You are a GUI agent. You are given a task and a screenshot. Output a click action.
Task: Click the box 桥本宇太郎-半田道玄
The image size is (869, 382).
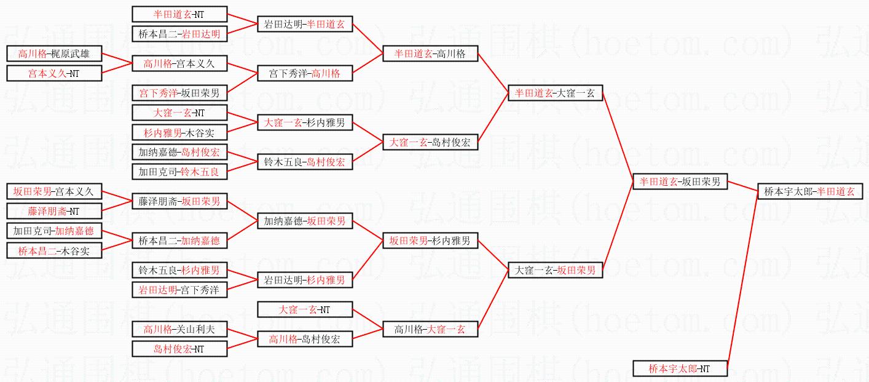(x=809, y=191)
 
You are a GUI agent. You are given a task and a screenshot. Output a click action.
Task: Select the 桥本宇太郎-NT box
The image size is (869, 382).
(x=680, y=368)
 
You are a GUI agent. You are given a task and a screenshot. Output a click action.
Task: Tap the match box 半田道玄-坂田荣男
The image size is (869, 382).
(x=680, y=181)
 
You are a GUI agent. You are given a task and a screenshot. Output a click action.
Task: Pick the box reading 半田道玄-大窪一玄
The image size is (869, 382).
(x=555, y=93)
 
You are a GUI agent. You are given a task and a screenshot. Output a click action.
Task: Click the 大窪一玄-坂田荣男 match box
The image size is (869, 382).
(x=555, y=270)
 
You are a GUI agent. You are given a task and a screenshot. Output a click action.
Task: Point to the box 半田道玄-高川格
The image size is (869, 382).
(x=430, y=54)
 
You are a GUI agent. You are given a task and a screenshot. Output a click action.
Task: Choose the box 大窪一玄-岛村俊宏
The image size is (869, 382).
(x=430, y=142)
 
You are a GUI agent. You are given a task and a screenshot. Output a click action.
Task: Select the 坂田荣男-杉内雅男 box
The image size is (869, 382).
(x=430, y=241)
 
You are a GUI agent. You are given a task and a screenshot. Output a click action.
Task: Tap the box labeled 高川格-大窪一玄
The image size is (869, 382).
(x=430, y=329)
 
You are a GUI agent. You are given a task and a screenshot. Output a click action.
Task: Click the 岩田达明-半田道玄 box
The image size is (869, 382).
(x=305, y=24)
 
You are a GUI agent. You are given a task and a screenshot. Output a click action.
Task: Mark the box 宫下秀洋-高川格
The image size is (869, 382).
(x=305, y=73)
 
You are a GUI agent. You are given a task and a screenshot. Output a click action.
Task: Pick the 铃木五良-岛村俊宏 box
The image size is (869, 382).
(x=305, y=162)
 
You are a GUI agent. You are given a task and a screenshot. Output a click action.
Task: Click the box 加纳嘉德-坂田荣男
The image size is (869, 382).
(x=305, y=221)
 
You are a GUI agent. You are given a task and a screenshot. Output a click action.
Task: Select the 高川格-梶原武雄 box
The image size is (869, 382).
(x=54, y=54)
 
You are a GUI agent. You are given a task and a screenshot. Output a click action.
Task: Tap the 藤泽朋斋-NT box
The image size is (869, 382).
(x=54, y=211)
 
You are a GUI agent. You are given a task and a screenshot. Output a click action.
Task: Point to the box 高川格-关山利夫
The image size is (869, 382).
(x=179, y=329)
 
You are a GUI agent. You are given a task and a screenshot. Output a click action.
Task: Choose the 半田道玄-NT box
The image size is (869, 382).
(x=179, y=14)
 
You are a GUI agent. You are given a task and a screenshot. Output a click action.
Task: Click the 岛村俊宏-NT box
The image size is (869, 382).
(x=179, y=349)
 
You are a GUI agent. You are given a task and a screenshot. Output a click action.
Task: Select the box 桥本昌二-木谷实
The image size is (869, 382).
(x=54, y=250)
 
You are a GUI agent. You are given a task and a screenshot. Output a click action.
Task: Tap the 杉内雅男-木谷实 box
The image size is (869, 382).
(x=179, y=132)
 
